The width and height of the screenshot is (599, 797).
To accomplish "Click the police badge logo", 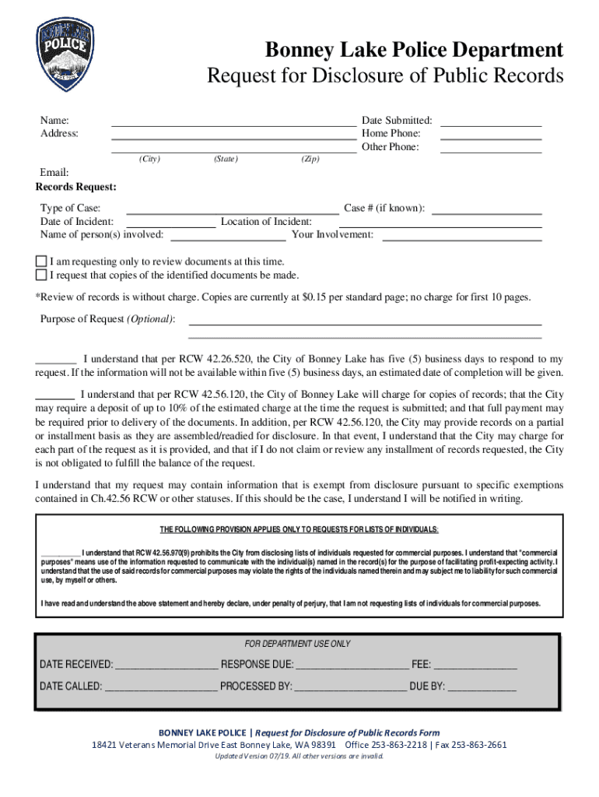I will tap(66, 54).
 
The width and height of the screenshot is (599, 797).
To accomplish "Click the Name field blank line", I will tap(233, 124).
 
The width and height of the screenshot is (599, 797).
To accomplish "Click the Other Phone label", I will tap(391, 147).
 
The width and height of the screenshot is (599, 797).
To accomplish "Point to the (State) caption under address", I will tap(226, 160).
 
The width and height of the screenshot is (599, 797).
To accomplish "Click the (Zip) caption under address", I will tap(310, 160).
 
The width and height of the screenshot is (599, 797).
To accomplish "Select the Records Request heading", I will tap(76, 188).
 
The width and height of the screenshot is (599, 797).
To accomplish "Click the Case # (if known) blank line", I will tap(486, 212).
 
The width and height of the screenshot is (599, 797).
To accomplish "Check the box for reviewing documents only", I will tap(41, 262).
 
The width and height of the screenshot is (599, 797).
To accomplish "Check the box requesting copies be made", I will tap(41, 275).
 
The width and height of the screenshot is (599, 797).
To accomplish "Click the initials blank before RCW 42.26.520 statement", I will tap(56, 363).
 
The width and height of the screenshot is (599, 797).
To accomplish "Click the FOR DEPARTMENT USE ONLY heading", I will tap(297, 644).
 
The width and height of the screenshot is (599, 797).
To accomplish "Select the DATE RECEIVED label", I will tap(76, 665).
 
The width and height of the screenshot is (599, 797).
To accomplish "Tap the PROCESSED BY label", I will tap(256, 687).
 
